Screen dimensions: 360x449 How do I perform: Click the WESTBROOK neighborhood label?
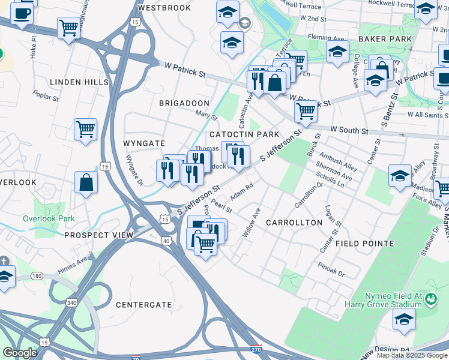point(164,8)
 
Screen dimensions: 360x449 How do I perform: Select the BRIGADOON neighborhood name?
point(184,103)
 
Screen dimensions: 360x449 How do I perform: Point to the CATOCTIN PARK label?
point(244,134)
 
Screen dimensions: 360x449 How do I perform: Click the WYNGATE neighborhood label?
point(143,144)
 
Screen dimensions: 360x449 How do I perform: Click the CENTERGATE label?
point(143,305)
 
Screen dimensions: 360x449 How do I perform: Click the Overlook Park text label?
point(49,218)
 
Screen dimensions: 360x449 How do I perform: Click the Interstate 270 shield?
point(256,348)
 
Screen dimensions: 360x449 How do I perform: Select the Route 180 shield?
point(37,276)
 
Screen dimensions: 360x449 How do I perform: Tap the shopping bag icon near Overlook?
point(86,182)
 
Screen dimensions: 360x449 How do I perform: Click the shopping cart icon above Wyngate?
point(86,128)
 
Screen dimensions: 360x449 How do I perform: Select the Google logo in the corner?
point(20,353)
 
